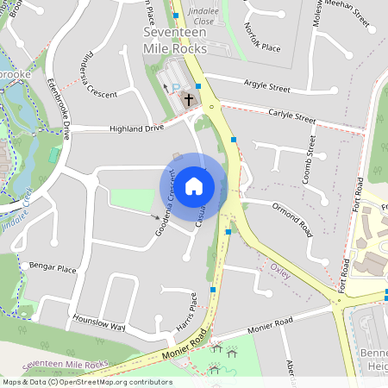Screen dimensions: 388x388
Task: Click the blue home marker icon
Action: (x=194, y=185)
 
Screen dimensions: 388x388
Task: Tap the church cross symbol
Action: (x=188, y=99)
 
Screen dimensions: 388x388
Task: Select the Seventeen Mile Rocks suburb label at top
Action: (x=175, y=41)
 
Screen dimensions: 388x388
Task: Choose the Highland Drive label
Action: (x=136, y=128)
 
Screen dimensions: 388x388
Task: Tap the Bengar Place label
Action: (x=53, y=269)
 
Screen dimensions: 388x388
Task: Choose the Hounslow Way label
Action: (x=99, y=321)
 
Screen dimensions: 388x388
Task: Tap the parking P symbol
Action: (x=177, y=89)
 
